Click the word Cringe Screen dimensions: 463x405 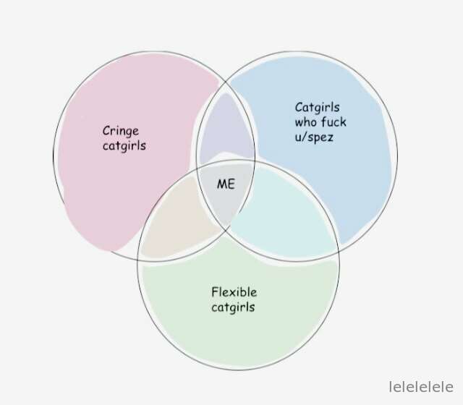click(x=121, y=132)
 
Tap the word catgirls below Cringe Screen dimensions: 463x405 click(x=124, y=146)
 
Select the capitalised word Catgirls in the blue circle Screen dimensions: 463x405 click(x=317, y=108)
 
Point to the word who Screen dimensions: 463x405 click(x=305, y=122)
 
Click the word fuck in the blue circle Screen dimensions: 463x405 click(x=334, y=121)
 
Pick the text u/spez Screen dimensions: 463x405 click(x=314, y=137)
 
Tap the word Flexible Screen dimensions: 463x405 click(x=234, y=292)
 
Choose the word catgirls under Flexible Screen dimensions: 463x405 click(x=233, y=307)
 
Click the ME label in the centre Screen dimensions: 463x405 click(x=226, y=184)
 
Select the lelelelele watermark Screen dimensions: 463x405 click(x=421, y=387)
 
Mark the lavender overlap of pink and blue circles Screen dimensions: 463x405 click(x=226, y=130)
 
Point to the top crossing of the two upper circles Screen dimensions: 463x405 click(x=226, y=82)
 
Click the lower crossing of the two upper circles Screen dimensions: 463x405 click(x=226, y=228)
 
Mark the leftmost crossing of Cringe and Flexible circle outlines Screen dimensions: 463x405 click(x=138, y=260)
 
